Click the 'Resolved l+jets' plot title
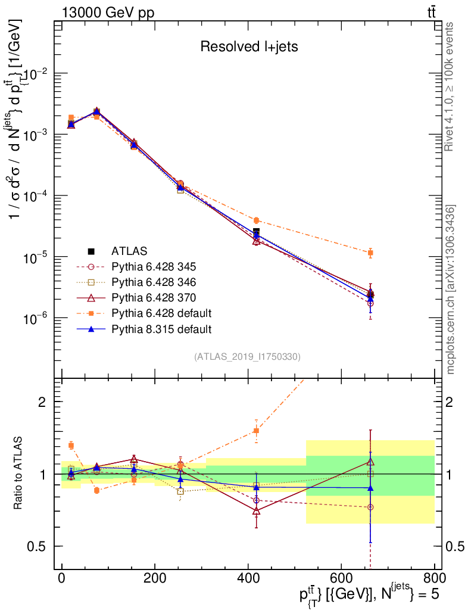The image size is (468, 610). tap(249, 46)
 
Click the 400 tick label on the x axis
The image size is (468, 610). tap(248, 577)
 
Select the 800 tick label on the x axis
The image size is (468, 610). tap(433, 577)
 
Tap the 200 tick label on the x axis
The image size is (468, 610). tap(155, 577)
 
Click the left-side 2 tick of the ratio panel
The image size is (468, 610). tap(42, 402)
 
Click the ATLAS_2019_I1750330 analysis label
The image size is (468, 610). tap(247, 357)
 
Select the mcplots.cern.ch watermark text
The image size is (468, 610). tap(451, 290)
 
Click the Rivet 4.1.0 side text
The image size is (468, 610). tap(451, 86)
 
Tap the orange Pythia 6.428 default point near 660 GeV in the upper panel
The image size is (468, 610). tap(370, 253)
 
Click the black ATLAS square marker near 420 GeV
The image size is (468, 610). tap(256, 231)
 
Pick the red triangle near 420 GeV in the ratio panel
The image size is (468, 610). tap(256, 511)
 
